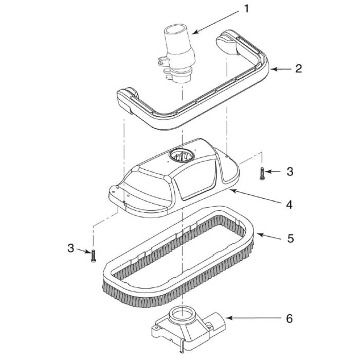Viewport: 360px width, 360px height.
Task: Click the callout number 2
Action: pos(298,69)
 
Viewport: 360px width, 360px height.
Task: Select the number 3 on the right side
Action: pos(290,172)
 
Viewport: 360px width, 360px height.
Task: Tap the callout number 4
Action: pos(290,204)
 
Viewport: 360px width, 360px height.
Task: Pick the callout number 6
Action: pos(290,319)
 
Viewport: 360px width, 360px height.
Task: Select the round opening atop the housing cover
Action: pos(182,154)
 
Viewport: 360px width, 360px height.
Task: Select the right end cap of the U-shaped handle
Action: pos(229,43)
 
